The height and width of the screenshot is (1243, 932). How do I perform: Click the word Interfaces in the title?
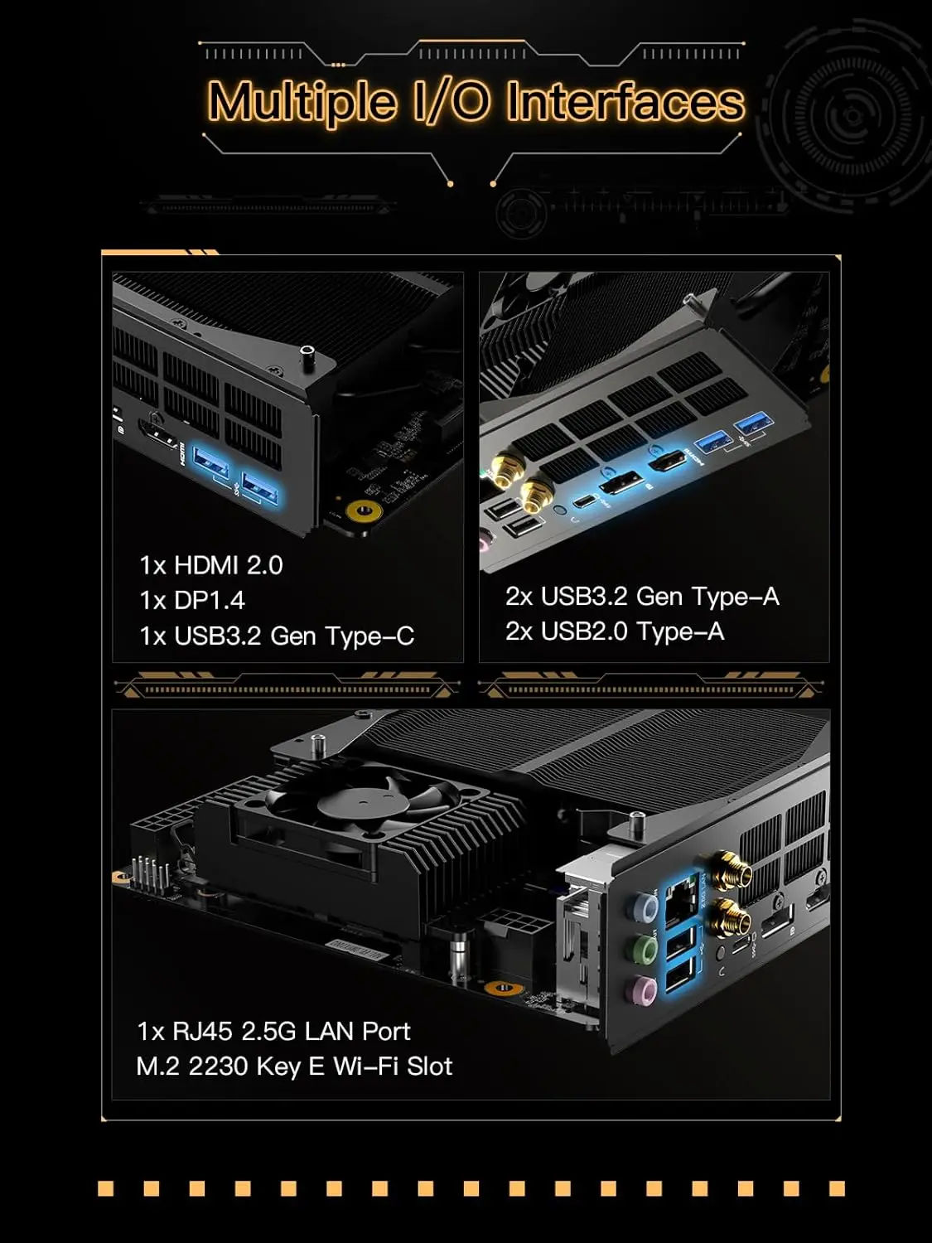click(625, 102)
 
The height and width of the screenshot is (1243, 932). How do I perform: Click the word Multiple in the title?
click(302, 102)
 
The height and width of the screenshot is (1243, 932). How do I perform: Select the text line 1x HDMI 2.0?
click(211, 565)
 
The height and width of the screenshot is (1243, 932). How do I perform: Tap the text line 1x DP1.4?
click(192, 601)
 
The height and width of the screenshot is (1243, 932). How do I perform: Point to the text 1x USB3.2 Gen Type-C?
click(277, 636)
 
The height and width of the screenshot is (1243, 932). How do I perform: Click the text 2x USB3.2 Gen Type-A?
click(642, 597)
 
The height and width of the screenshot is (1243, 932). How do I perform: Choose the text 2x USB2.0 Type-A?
click(615, 631)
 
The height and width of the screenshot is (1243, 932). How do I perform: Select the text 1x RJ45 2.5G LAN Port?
click(273, 1031)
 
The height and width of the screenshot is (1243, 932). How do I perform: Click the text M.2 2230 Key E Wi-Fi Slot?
click(294, 1066)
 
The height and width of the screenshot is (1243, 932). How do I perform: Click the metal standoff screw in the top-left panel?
click(307, 357)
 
